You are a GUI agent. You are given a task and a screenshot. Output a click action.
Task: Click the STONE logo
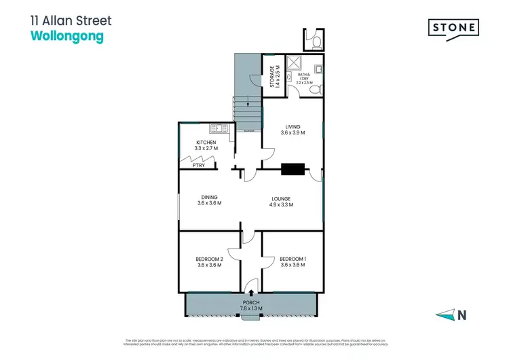(453, 28)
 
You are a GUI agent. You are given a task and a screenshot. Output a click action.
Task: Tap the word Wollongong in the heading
(67, 38)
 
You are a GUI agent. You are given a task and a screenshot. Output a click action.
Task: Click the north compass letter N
(462, 314)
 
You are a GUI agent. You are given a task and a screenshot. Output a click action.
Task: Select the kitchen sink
(219, 128)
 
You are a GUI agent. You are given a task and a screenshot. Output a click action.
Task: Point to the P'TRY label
(199, 165)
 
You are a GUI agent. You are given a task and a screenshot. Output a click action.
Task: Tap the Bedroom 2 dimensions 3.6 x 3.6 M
(209, 265)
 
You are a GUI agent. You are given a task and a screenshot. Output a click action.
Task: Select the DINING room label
(209, 197)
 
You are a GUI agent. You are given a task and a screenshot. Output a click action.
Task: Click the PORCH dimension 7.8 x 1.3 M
(250, 308)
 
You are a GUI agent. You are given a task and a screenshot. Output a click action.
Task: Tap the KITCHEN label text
(206, 143)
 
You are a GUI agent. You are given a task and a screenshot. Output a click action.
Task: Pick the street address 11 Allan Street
(71, 21)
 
